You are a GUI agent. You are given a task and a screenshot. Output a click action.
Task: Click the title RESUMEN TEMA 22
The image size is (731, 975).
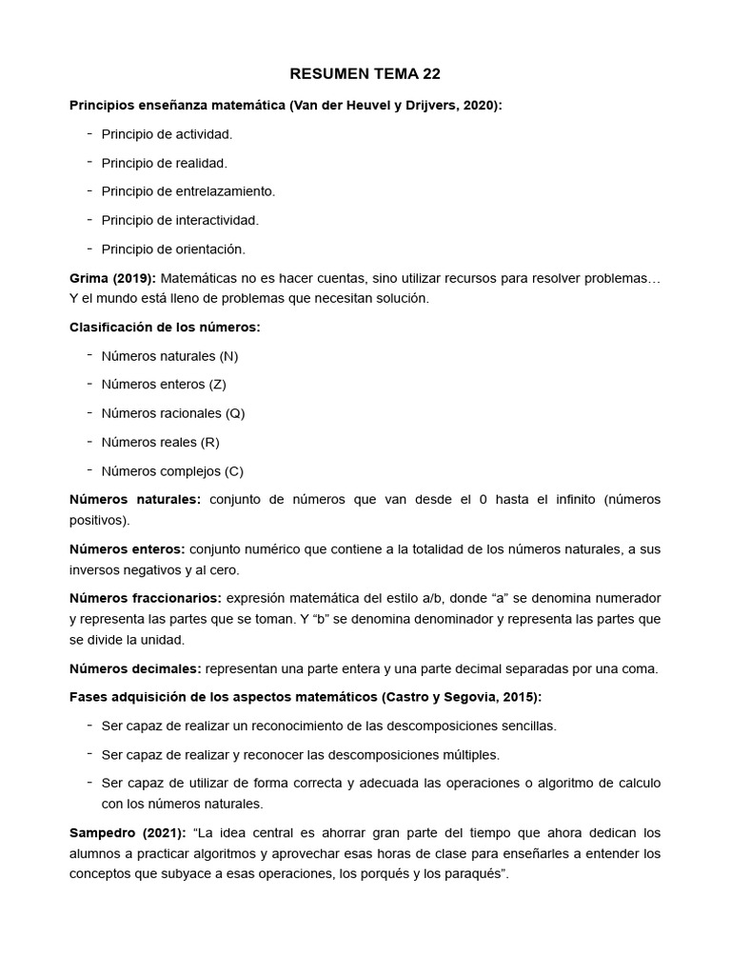(x=365, y=74)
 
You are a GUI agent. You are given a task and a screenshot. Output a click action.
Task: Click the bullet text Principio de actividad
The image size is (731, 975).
(x=167, y=134)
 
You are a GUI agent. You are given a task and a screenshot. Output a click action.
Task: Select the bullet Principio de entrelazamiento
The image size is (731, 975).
(x=188, y=191)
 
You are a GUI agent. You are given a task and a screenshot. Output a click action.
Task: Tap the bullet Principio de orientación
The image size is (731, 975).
(x=173, y=249)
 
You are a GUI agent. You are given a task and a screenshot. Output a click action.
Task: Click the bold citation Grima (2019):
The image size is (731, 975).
(x=112, y=278)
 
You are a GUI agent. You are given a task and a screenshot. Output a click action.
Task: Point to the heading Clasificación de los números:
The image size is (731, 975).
(x=165, y=327)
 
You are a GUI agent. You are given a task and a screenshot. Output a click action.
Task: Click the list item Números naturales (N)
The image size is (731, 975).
(x=169, y=356)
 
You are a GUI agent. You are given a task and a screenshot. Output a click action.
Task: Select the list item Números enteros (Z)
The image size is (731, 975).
(x=164, y=385)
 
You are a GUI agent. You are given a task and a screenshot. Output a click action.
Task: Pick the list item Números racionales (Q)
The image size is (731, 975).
(x=173, y=413)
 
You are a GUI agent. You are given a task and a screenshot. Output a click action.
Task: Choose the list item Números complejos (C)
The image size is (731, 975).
(x=172, y=471)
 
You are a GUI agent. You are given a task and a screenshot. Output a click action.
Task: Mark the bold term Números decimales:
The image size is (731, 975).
(x=135, y=668)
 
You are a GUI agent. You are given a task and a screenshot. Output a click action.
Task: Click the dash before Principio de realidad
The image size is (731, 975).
(x=89, y=162)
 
